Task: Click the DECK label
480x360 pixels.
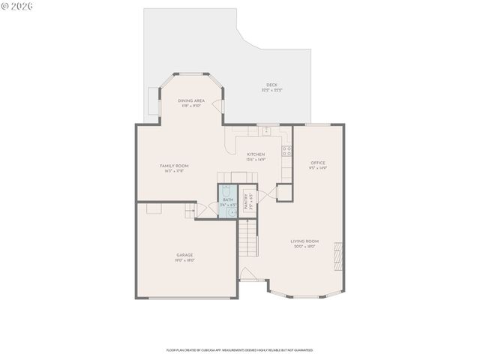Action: [271, 85]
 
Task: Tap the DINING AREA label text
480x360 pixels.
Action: [191, 100]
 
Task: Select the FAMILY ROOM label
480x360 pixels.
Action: [174, 166]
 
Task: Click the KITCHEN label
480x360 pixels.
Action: [256, 154]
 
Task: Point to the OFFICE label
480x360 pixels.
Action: [318, 162]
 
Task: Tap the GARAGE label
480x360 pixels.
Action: [184, 255]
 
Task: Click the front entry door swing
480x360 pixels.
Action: [247, 274]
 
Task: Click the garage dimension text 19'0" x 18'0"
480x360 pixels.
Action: [184, 261]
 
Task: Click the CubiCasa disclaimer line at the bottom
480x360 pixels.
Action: [239, 349]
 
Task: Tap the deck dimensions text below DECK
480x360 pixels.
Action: [271, 90]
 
